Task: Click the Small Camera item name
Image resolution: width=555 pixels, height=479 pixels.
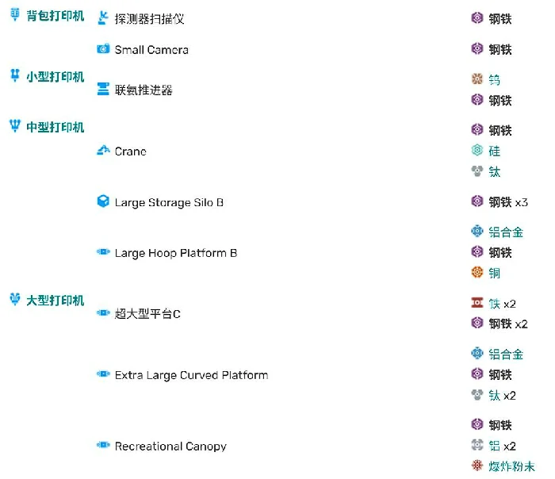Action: pyautogui.click(x=151, y=50)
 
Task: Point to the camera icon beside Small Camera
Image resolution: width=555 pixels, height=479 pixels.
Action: pyautogui.click(x=103, y=49)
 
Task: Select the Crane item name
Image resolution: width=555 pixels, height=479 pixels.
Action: pyautogui.click(x=131, y=151)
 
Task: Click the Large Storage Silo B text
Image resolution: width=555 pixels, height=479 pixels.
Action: pyautogui.click(x=169, y=202)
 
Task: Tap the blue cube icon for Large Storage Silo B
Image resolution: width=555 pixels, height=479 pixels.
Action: pyautogui.click(x=103, y=202)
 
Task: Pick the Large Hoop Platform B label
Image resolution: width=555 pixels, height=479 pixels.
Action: pyautogui.click(x=176, y=253)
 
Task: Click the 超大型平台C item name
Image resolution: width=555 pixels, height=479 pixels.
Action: pyautogui.click(x=147, y=314)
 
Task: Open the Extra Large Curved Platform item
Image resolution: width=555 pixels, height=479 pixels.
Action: pyautogui.click(x=191, y=375)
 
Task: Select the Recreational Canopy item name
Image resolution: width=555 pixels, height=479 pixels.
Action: pyautogui.click(x=170, y=446)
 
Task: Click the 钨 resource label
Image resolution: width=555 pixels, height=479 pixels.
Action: pyautogui.click(x=495, y=80)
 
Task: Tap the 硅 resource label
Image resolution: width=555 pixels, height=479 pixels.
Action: pyautogui.click(x=495, y=151)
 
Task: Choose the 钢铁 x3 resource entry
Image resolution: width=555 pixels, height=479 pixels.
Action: pyautogui.click(x=507, y=202)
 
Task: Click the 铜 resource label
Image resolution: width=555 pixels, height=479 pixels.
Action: pyautogui.click(x=495, y=273)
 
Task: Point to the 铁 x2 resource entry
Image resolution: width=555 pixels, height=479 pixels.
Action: pyautogui.click(x=503, y=304)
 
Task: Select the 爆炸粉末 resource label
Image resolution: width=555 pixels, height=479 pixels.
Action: pyautogui.click(x=511, y=466)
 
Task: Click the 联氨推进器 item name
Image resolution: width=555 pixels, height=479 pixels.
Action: pyautogui.click(x=144, y=90)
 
